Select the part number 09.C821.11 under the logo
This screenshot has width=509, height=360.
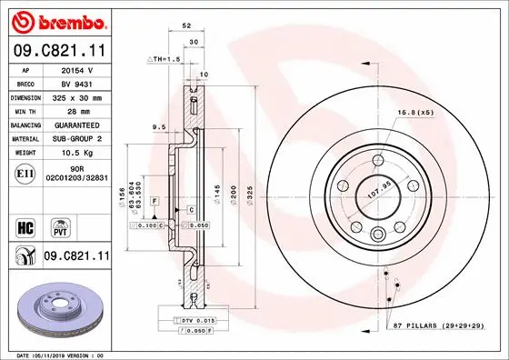click(57, 53)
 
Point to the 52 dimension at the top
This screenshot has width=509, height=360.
click(185, 27)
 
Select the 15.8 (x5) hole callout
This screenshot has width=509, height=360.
click(414, 112)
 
